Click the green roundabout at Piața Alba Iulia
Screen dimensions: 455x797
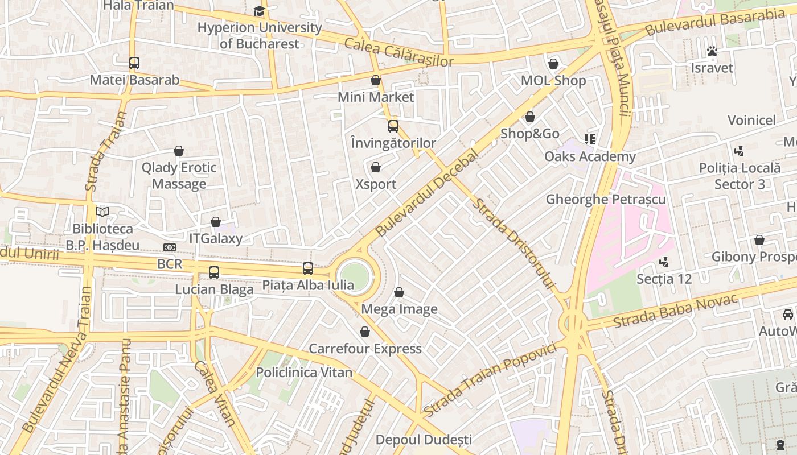(354, 277)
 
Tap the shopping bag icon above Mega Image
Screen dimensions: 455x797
(399, 292)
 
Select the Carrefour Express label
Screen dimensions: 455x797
(365, 349)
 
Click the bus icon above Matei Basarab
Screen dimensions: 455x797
(134, 63)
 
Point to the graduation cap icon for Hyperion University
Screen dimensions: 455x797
(259, 11)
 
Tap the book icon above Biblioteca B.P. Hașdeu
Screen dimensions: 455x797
(102, 212)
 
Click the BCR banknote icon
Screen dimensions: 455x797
(170, 247)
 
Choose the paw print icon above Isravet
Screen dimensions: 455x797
(712, 51)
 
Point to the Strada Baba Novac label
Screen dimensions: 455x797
(675, 311)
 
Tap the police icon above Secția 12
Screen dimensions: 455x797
(663, 262)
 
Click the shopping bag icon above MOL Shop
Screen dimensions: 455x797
(553, 64)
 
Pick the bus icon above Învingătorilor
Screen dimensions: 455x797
(393, 126)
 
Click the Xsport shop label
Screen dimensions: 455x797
(376, 184)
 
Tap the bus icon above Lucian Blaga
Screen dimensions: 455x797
(214, 272)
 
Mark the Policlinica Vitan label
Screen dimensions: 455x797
(304, 373)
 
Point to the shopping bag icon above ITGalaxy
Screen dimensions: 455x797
(216, 222)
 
